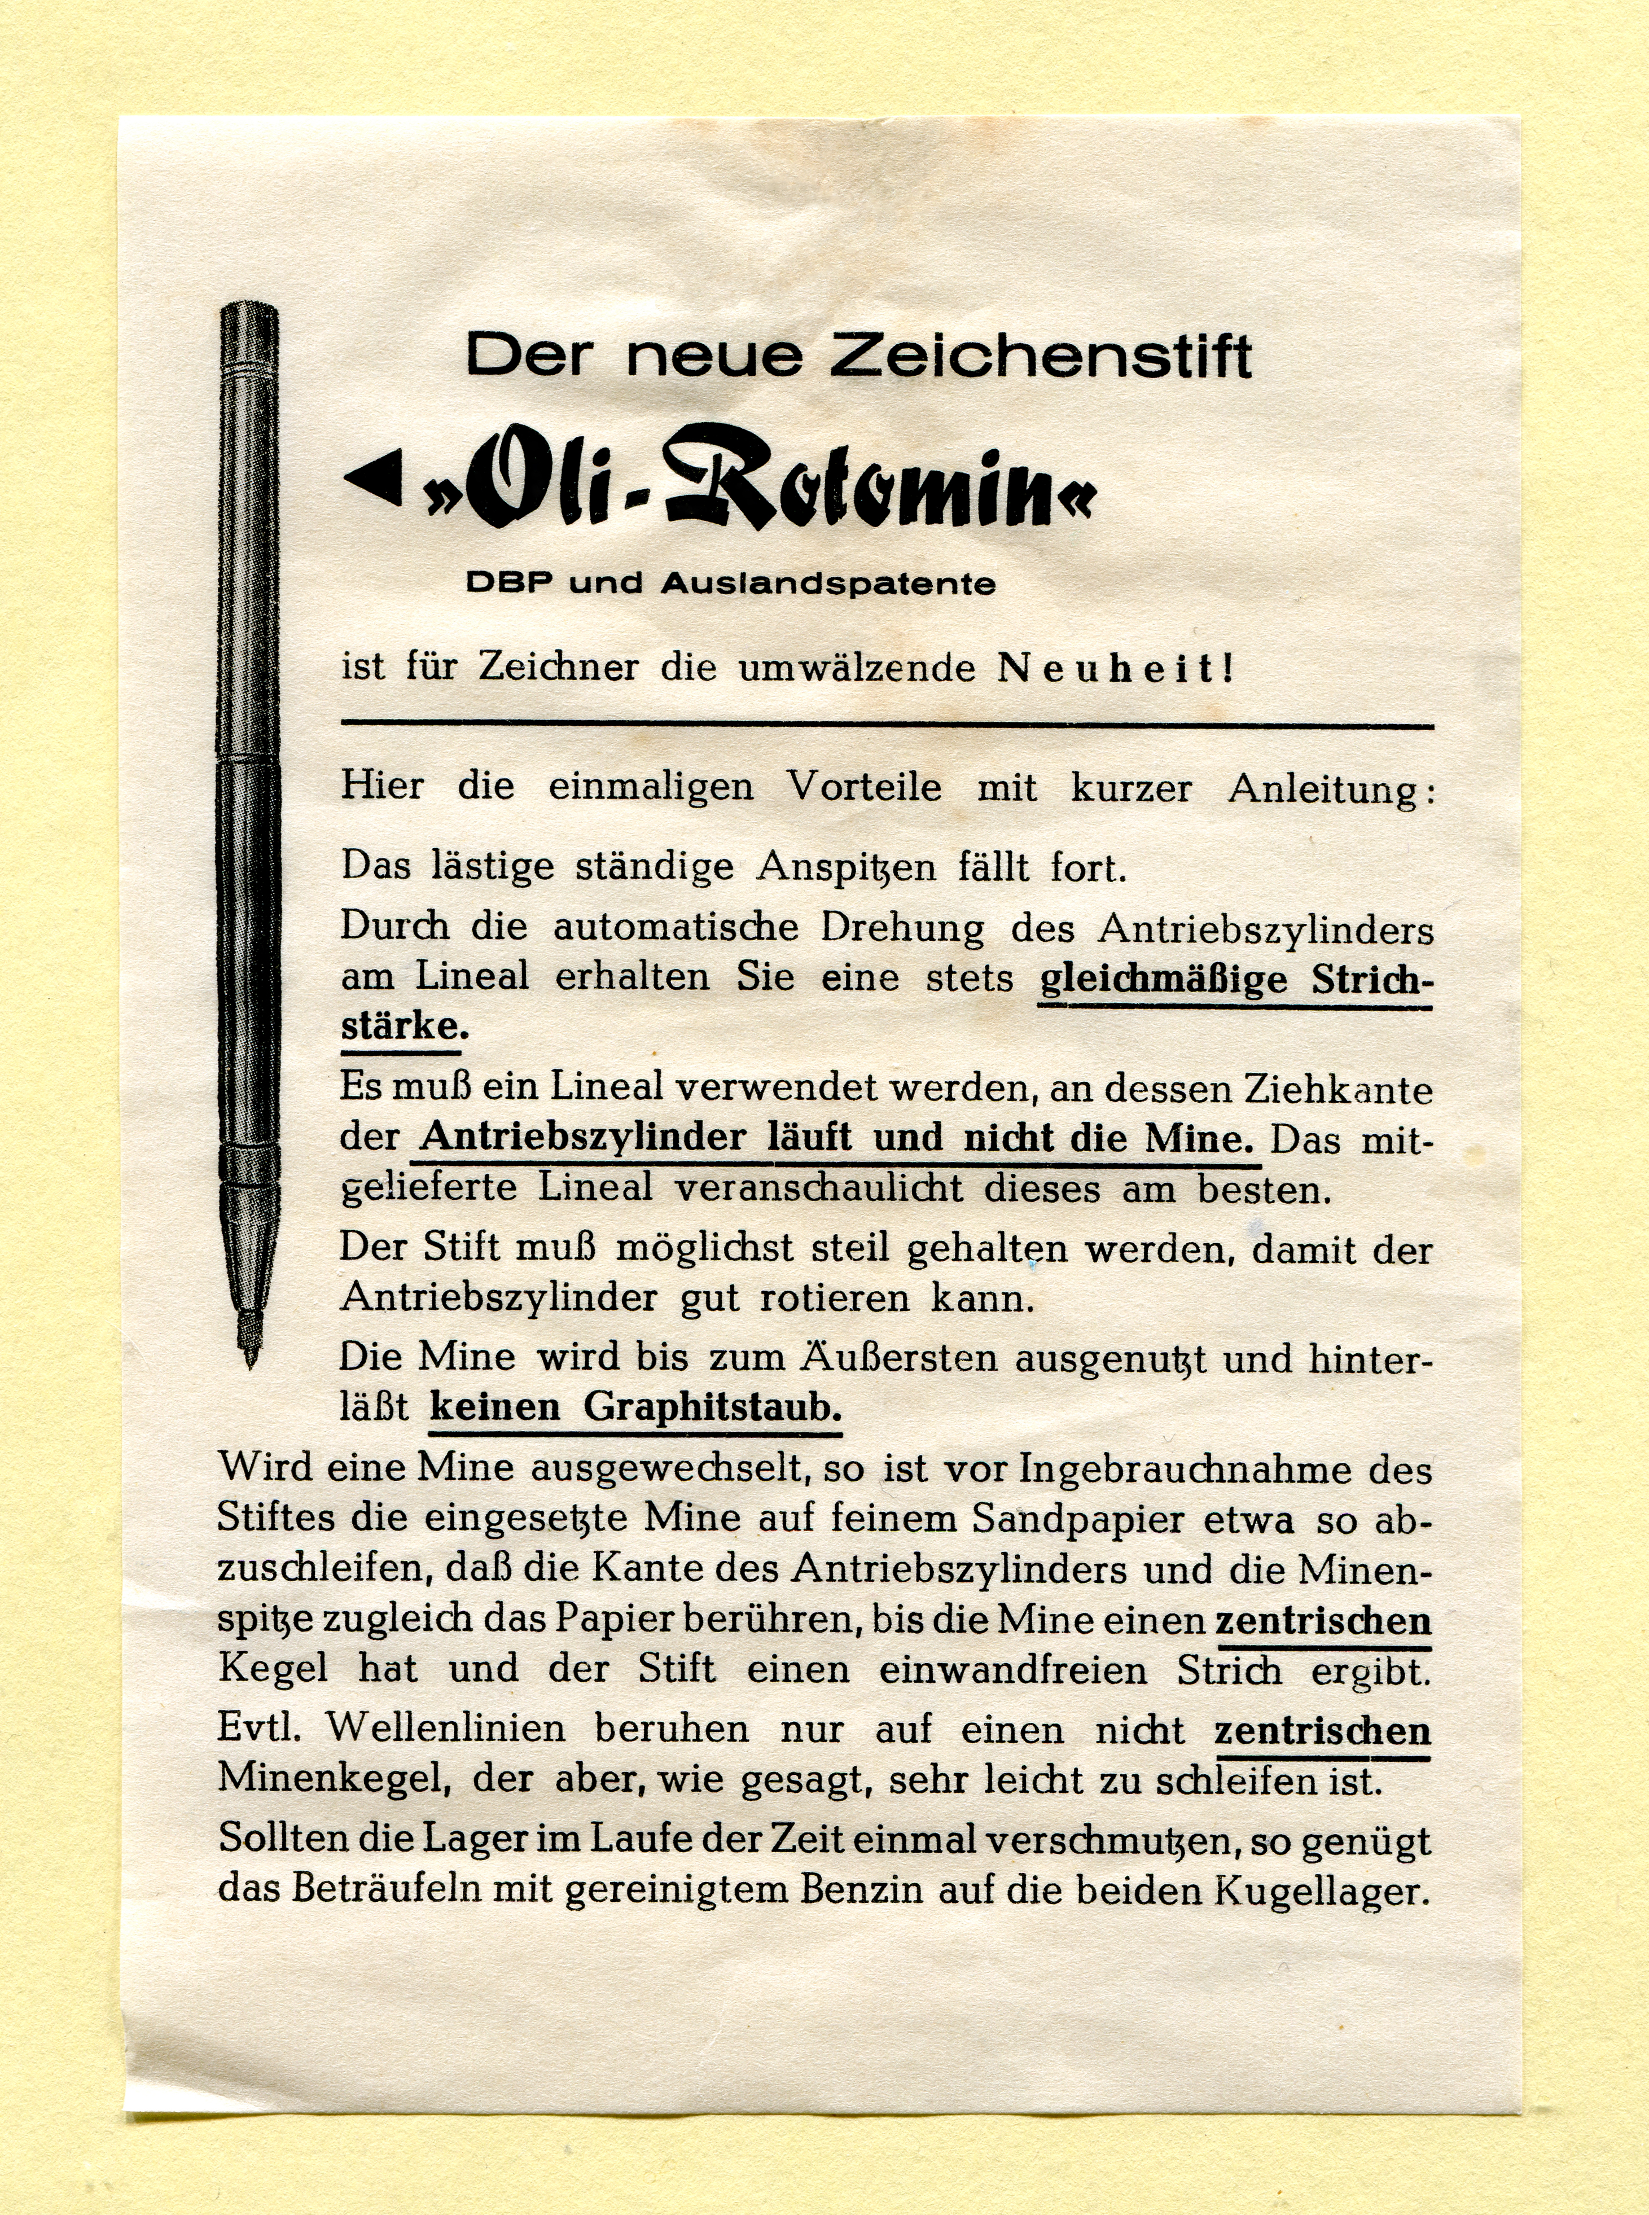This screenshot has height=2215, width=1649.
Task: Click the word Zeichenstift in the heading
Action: point(1040,356)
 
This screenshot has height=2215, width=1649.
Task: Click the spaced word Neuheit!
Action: point(1115,668)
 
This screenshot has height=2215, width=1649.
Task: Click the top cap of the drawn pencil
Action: point(248,319)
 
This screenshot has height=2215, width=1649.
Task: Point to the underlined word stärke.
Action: point(400,1026)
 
